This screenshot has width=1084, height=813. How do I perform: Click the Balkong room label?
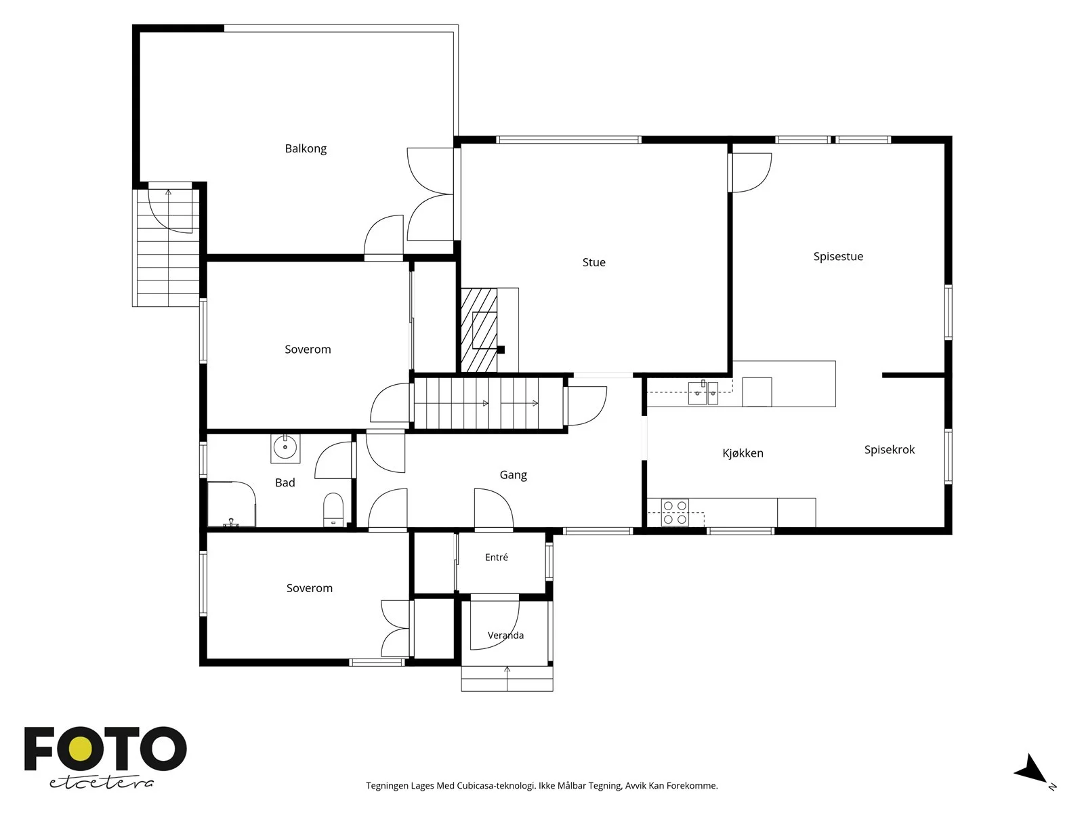coord(305,148)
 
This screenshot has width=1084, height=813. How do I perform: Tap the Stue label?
coord(593,262)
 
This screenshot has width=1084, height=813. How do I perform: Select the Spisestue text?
coord(838,257)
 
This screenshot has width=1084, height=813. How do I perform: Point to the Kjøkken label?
coord(743,453)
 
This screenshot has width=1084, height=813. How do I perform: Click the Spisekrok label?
coord(890,450)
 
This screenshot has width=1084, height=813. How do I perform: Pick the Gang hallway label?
coord(513,475)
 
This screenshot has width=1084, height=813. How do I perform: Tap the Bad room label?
coord(285,483)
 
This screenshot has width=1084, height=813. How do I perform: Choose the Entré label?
coord(497,558)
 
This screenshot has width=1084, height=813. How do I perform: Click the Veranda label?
coord(505,635)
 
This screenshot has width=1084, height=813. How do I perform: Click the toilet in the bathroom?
coord(333,510)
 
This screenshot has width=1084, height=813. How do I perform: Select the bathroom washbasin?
coord(285,449)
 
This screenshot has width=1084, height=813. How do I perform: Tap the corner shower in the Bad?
coord(231,504)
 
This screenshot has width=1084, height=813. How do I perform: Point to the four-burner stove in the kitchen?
coord(675,512)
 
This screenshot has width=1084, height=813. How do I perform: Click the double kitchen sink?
coord(703,393)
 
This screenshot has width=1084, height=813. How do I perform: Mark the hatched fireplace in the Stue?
coord(479,330)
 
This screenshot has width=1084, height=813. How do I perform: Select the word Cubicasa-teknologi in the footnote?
coord(497,785)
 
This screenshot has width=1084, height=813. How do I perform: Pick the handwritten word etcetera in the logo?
coord(101,783)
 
